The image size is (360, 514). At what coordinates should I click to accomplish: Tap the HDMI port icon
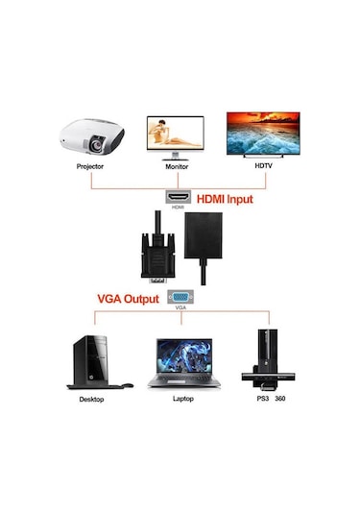179,195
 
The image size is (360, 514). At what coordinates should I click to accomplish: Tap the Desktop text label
91,397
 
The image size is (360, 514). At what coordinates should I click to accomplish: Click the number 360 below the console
279,397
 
